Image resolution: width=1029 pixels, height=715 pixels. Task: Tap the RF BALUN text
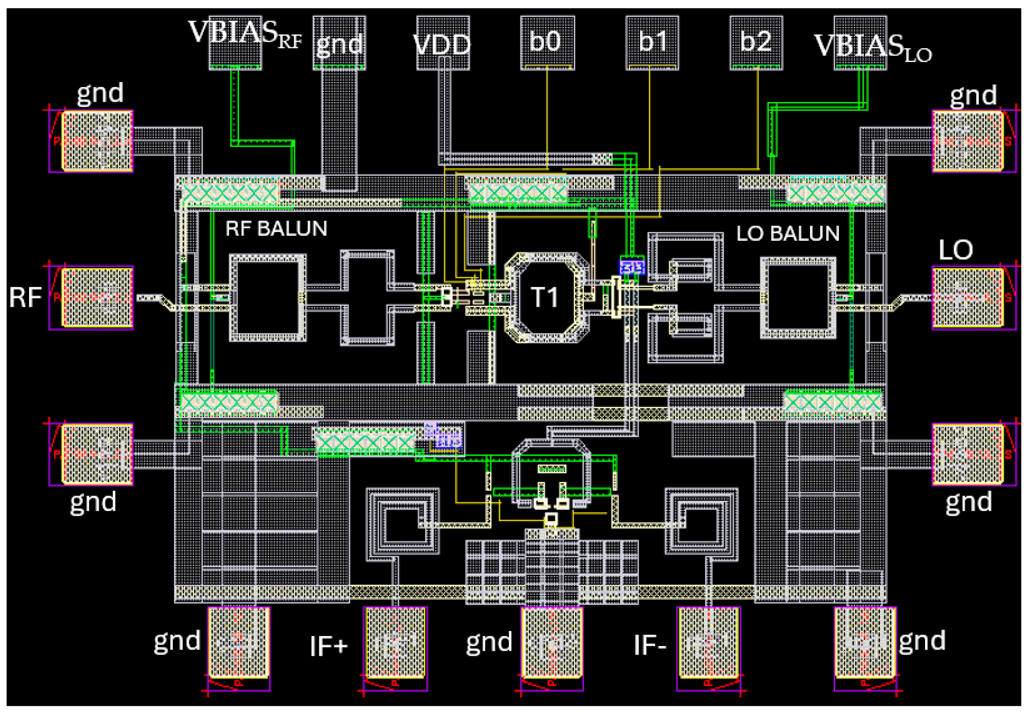click(x=276, y=228)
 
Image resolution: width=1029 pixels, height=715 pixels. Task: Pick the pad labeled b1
click(x=652, y=43)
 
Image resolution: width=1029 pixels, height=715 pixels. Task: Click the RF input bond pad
click(x=97, y=298)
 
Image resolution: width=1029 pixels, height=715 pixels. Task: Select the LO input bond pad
click(x=967, y=298)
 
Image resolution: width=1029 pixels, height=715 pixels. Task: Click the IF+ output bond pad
click(x=395, y=642)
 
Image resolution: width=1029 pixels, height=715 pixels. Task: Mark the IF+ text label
click(x=328, y=646)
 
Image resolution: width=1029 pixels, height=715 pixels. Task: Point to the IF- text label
click(x=649, y=646)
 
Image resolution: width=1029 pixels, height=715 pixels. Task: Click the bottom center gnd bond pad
click(x=552, y=642)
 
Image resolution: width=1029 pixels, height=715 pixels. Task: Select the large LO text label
click(x=955, y=250)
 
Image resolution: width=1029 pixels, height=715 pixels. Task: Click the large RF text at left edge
click(x=25, y=298)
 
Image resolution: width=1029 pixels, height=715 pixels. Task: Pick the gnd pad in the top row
click(x=339, y=43)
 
